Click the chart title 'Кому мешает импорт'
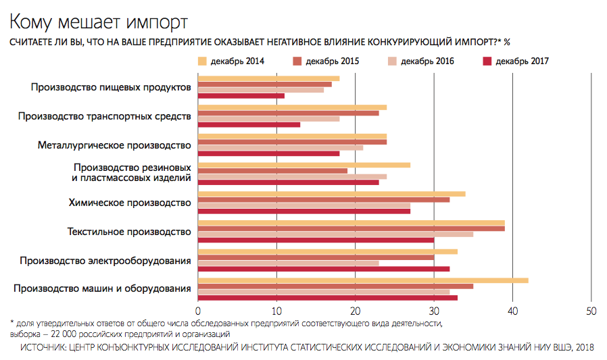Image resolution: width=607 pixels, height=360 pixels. pyautogui.click(x=98, y=23)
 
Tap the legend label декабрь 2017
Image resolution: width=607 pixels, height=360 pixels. pyautogui.click(x=522, y=61)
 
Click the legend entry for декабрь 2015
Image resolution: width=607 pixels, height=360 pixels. pyautogui.click(x=332, y=61)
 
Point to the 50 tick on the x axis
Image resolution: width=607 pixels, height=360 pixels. pyautogui.click(x=591, y=311)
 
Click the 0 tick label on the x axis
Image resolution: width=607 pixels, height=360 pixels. pyautogui.click(x=198, y=311)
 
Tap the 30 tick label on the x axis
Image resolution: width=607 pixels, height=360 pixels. pyautogui.click(x=434, y=311)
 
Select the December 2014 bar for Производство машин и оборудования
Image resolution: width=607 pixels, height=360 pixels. pyautogui.click(x=363, y=280)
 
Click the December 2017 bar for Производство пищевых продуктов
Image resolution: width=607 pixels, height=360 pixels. pyautogui.click(x=241, y=96)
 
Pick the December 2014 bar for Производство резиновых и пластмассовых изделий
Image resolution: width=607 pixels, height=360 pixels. pyautogui.click(x=304, y=165)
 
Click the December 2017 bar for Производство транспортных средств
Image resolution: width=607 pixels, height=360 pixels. pyautogui.click(x=249, y=124)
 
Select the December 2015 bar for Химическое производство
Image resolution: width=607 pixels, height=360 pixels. pyautogui.click(x=324, y=199)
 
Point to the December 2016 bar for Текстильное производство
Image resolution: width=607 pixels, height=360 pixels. pyautogui.click(x=335, y=234)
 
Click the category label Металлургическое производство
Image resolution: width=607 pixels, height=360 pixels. pyautogui.click(x=115, y=145)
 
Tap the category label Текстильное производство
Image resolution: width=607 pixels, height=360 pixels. pyautogui.click(x=130, y=232)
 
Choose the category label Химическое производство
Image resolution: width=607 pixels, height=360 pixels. pyautogui.click(x=130, y=203)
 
